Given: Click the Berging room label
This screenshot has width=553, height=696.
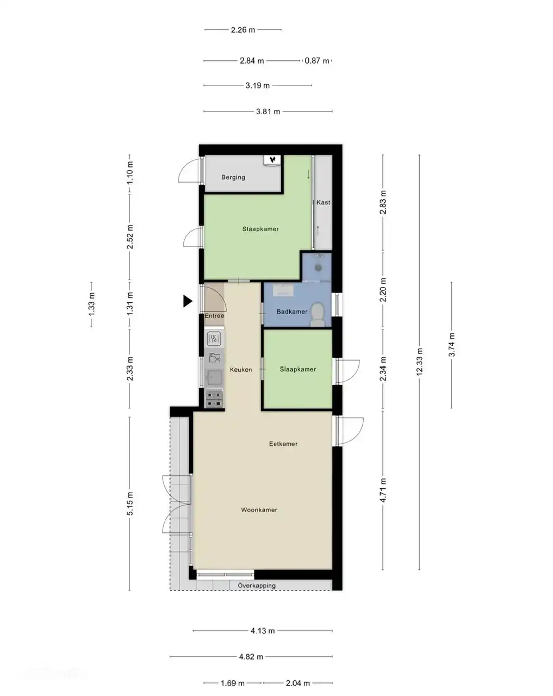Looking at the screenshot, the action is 233,177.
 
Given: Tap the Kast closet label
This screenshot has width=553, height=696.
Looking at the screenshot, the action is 323,202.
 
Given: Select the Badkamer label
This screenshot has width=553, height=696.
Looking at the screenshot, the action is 291,312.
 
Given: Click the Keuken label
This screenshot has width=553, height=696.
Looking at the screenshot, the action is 240,369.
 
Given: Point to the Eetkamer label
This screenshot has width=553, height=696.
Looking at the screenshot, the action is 283,444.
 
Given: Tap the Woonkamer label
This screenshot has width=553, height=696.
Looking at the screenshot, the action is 259,509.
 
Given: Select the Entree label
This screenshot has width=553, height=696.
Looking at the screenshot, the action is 214,316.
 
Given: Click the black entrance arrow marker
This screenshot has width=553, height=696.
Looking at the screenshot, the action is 187,301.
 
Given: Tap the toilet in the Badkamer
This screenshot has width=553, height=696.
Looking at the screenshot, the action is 317,314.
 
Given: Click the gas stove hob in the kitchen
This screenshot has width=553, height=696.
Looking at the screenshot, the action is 214,399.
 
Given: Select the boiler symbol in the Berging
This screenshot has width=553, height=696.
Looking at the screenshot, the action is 272,160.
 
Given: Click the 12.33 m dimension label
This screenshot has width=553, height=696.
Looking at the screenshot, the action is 419,362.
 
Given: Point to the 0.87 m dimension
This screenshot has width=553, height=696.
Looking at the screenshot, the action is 316,60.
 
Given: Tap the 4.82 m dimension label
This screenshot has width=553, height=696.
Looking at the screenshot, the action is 251,657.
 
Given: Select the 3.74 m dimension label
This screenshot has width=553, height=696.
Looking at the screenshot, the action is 451,345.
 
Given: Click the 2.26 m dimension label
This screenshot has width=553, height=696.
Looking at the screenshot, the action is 243,30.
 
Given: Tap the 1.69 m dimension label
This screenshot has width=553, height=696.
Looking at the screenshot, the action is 233,683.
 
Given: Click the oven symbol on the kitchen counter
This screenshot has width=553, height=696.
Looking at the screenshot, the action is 214,339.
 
